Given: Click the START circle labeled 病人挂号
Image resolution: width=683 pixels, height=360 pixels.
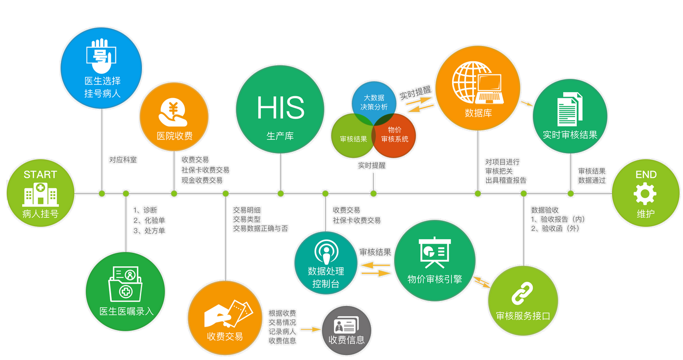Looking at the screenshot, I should [40, 193].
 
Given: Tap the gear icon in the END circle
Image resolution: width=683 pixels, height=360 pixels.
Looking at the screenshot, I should [645, 194].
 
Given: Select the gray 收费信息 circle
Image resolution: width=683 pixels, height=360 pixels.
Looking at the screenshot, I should [346, 331].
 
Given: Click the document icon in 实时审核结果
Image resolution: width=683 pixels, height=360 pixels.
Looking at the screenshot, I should [570, 110].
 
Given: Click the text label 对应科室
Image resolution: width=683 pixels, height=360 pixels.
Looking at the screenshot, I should [123, 159].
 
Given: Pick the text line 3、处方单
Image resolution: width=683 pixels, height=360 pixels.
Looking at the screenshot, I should [149, 231].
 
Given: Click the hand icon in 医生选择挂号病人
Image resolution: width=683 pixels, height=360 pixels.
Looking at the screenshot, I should [101, 52].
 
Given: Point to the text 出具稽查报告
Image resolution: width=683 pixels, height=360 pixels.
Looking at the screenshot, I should [506, 180].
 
